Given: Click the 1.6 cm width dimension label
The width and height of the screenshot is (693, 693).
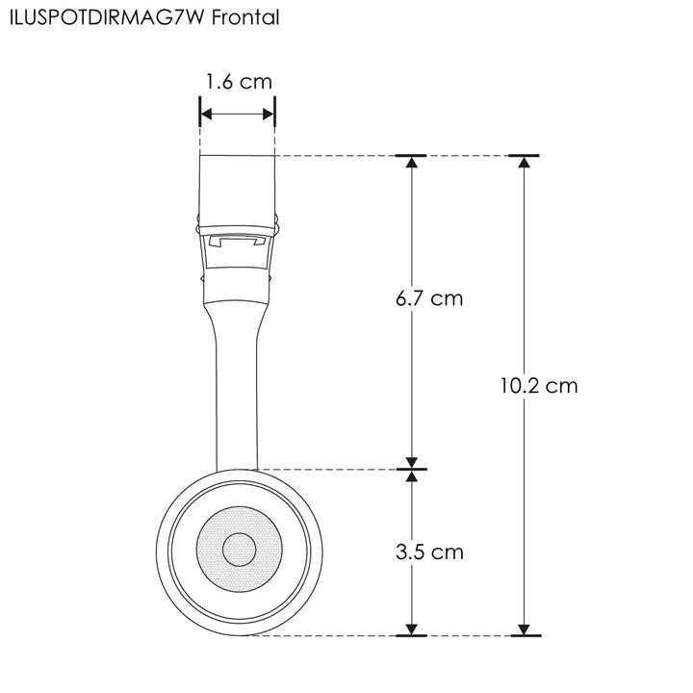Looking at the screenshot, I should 238,82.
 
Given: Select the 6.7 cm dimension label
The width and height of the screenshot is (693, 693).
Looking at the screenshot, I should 429,298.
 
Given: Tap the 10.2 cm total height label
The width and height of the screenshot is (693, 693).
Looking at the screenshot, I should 539,386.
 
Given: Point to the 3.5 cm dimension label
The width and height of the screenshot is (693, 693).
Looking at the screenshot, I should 429,552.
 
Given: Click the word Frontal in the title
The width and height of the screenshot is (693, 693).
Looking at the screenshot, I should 245,18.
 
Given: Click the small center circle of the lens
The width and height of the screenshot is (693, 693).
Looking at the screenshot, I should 239,551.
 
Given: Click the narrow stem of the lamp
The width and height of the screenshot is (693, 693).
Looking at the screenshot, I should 237,395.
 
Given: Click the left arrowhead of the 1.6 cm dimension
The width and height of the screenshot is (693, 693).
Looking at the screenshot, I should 206,115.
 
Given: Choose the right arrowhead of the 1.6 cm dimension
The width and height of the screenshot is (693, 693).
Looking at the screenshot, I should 269,115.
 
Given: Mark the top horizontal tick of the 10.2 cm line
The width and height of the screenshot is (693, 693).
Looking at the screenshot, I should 524,155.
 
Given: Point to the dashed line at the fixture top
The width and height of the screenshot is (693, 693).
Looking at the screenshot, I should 337,155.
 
